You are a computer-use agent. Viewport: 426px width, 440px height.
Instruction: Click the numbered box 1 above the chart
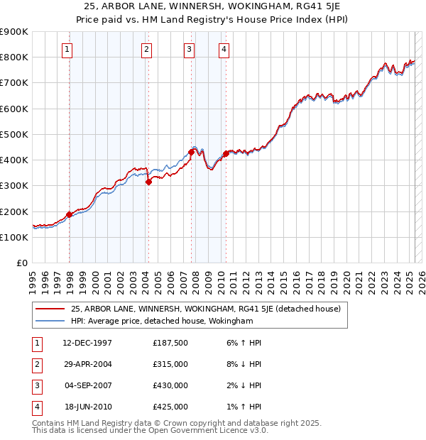point(67,49)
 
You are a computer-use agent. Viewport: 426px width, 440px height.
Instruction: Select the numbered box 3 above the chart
point(190,49)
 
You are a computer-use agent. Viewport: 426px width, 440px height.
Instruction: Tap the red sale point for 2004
point(149,182)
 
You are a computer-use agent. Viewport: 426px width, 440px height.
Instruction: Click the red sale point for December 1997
point(69,214)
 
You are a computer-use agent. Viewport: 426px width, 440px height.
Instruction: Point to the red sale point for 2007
point(192,152)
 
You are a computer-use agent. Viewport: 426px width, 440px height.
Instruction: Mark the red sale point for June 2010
point(226,153)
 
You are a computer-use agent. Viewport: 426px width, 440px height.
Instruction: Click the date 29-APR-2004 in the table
point(87,364)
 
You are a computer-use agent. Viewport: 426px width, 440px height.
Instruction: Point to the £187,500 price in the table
point(170,343)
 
